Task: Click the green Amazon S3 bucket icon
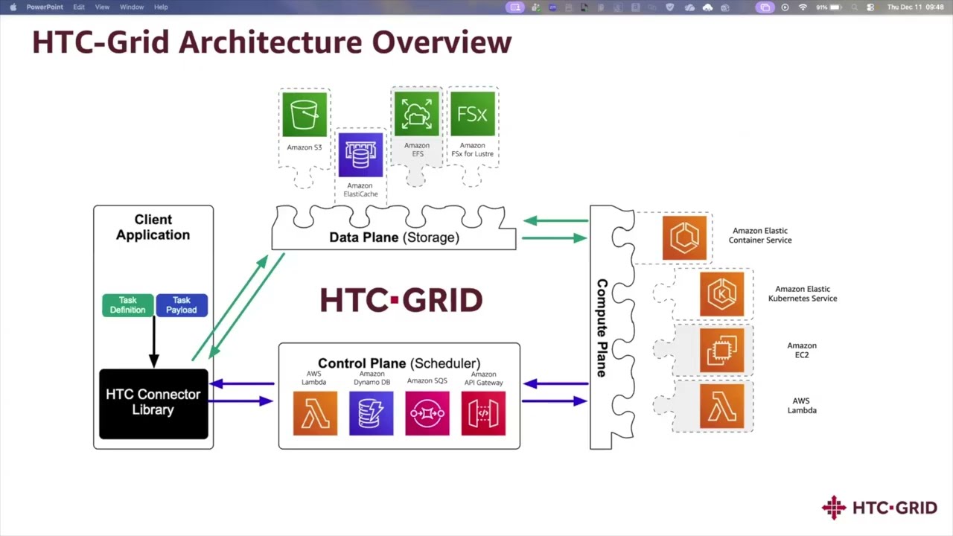(305, 115)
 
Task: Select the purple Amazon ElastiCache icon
(360, 155)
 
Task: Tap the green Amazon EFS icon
(417, 114)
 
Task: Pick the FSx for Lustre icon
(473, 114)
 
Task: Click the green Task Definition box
(128, 305)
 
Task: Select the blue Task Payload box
(182, 305)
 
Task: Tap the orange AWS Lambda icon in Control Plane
(315, 413)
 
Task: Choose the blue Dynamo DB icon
(372, 413)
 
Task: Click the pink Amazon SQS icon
(427, 413)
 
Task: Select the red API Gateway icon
(483, 413)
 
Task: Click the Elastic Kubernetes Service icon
(721, 294)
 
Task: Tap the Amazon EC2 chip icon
(721, 350)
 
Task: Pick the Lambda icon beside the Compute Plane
(721, 406)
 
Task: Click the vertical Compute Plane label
(602, 328)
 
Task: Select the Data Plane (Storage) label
(394, 237)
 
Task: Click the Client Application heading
(153, 227)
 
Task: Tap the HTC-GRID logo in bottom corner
(879, 508)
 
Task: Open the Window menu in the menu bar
(132, 7)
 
